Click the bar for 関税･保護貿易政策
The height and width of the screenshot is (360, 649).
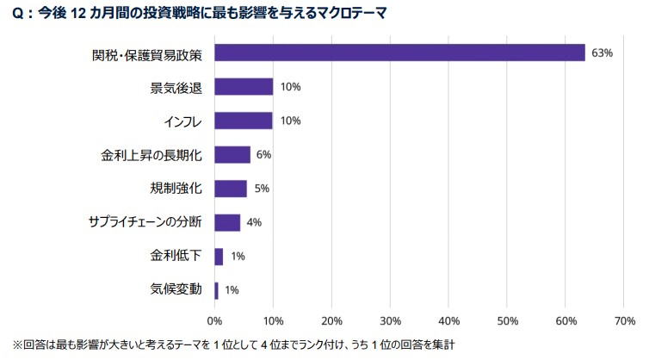click(399, 53)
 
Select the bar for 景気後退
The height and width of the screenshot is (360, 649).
click(244, 87)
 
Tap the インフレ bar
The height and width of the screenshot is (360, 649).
click(244, 121)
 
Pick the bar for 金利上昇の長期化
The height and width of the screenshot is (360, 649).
click(232, 154)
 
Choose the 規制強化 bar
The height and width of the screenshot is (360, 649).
click(230, 188)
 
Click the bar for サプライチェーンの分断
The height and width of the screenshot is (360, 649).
click(227, 222)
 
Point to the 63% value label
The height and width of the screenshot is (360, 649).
click(602, 53)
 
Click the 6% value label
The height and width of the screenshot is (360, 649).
click(264, 154)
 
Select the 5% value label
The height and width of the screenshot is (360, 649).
click(262, 188)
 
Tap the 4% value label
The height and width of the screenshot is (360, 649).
click(254, 222)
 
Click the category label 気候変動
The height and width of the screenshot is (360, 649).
click(176, 289)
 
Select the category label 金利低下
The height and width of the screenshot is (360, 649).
click(176, 256)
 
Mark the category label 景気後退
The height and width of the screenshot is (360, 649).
click(176, 87)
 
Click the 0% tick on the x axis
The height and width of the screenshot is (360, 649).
click(214, 320)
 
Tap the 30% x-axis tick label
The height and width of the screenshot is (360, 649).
click(390, 320)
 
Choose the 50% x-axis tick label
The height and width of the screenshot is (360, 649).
click(507, 320)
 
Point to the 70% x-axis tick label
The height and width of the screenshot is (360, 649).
click(624, 320)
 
